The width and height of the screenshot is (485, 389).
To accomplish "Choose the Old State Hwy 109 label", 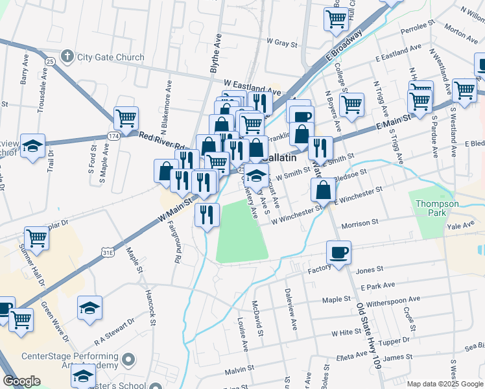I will coord(366,336).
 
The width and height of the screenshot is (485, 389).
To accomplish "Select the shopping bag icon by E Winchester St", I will coord(323,189).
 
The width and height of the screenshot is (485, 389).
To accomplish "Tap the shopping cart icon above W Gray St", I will coord(336,19).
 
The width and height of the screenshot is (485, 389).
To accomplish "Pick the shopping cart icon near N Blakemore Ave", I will coord(126,118).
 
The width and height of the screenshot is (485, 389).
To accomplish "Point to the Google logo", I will coord(22,381).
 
